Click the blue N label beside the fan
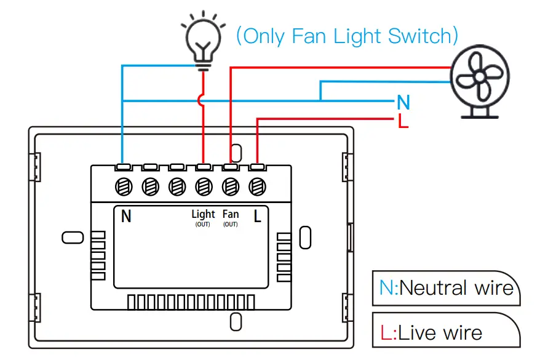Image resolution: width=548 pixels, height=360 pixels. point(403,102)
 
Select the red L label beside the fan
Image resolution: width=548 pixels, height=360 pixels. point(403,121)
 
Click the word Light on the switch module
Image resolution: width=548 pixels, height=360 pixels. point(203,214)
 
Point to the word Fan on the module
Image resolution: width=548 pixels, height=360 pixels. point(231,214)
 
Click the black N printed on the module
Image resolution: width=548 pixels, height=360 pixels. point(126,216)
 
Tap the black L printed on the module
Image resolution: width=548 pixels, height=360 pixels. point(258,216)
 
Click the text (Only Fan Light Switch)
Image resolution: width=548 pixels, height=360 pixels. point(347,36)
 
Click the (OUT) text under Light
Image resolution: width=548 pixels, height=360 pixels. point(203,225)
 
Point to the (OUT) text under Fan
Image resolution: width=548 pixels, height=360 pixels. point(231,225)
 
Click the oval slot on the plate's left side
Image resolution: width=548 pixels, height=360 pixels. point(72,237)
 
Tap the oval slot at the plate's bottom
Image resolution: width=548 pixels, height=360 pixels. point(235,321)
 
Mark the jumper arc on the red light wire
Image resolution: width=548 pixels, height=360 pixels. point(201,100)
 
